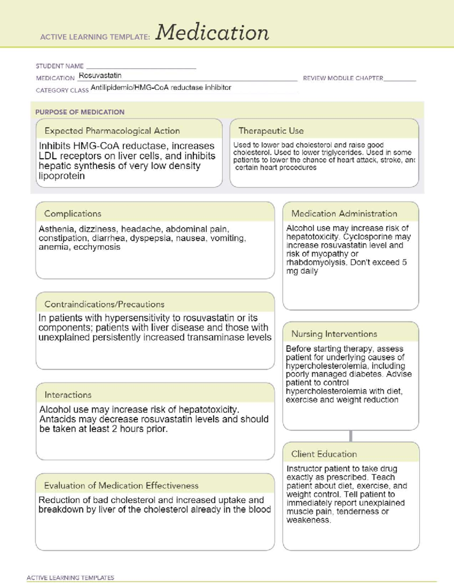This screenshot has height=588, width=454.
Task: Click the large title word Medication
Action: [212, 33]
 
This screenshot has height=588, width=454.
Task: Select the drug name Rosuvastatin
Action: [100, 75]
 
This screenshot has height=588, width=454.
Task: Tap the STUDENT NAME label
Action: [59, 66]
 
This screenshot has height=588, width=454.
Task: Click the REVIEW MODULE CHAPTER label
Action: [343, 78]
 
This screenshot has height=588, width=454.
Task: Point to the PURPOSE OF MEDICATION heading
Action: [80, 112]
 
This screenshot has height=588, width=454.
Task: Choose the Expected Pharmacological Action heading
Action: [112, 131]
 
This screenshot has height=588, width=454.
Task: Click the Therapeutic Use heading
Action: [271, 131]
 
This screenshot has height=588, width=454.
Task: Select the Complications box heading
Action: [73, 214]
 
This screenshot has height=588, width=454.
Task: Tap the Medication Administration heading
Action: [344, 214]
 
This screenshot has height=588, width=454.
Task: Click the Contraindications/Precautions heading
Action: [104, 304]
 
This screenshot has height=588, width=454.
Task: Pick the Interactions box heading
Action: [68, 395]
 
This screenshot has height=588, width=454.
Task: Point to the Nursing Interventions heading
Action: [334, 334]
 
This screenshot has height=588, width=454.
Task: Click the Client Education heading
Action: [324, 454]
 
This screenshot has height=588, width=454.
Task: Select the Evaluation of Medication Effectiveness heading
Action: [121, 485]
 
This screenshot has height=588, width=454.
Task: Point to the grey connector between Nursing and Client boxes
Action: [351, 436]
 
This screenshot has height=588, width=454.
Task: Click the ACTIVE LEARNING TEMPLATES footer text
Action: [70, 578]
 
